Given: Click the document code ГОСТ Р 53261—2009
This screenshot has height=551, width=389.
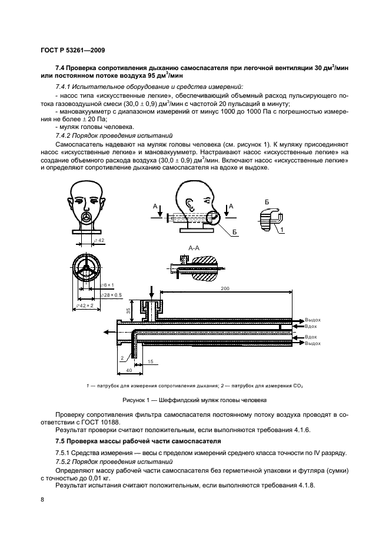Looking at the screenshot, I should pyautogui.click(x=71, y=51).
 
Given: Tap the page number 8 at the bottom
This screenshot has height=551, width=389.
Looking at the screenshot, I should pyautogui.click(x=42, y=500).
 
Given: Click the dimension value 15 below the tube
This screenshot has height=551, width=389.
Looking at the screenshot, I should pyautogui.click(x=150, y=361).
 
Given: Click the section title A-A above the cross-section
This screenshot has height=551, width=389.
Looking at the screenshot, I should pyautogui.click(x=195, y=248).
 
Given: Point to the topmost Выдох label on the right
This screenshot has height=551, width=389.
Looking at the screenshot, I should pyautogui.click(x=312, y=320).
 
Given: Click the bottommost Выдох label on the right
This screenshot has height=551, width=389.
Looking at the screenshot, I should pyautogui.click(x=312, y=343).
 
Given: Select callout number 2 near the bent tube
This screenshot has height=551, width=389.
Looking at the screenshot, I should pyautogui.click(x=122, y=357).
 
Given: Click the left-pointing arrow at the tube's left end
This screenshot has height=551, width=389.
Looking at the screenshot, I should pyautogui.click(x=105, y=332).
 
